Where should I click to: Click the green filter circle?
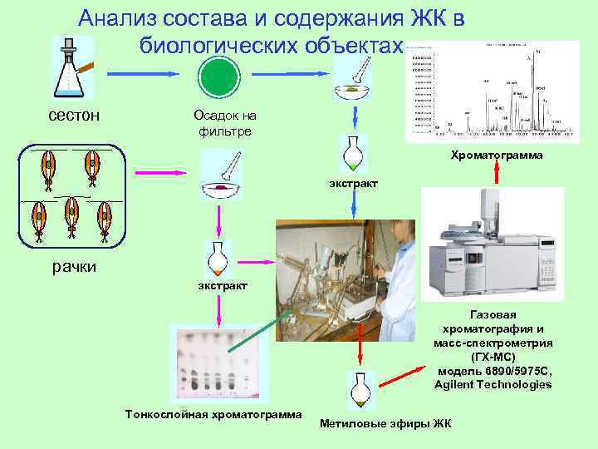tap(219, 76)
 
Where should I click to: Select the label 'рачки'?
tap(75, 267)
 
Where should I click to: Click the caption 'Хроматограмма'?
tap(497, 155)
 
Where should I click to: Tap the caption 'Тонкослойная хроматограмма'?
tap(213, 414)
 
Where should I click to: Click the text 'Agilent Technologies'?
tap(493, 384)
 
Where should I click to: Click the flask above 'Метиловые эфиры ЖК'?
tap(359, 390)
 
